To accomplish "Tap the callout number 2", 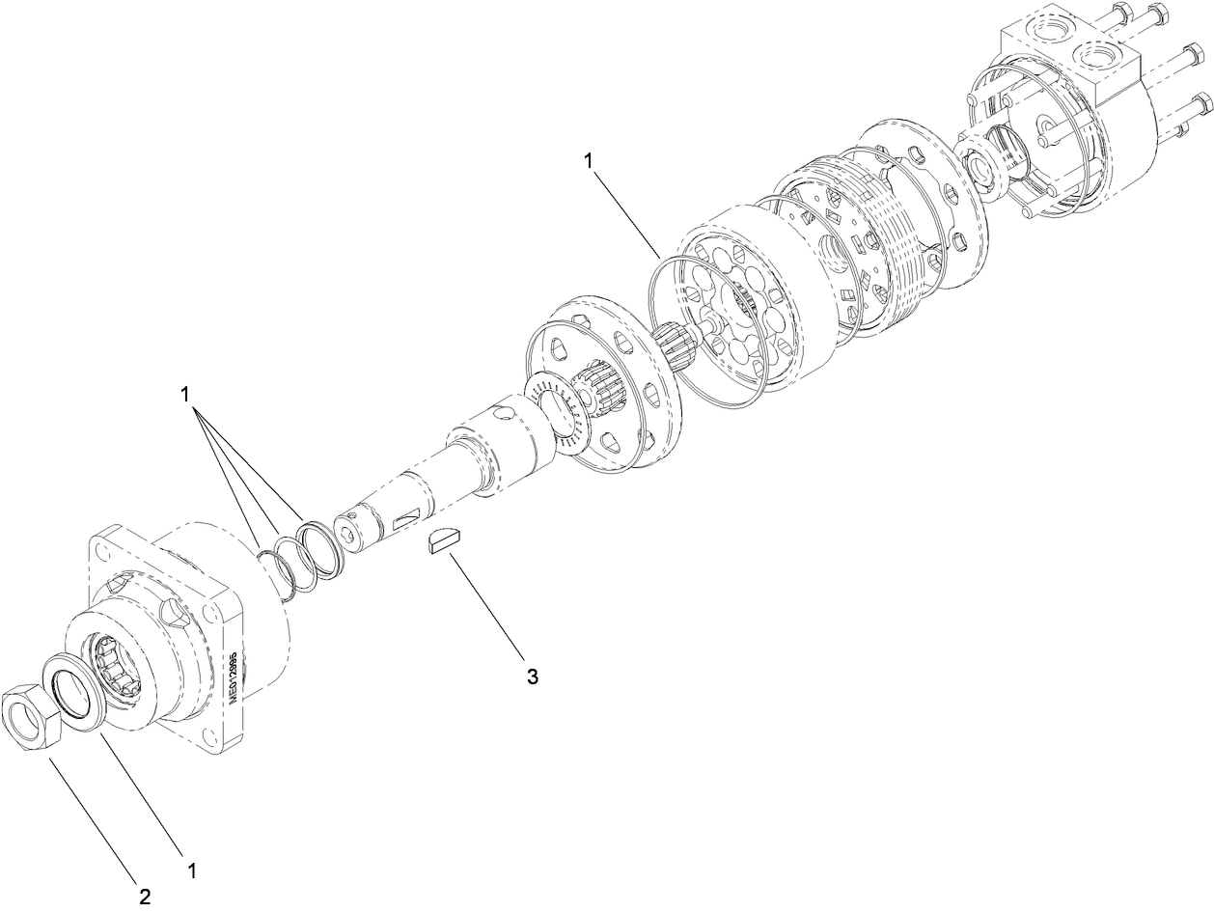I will click(145, 897).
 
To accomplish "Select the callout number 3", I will click(532, 677).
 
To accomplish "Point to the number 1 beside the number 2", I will click(191, 871).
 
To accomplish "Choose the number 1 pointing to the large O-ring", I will click(589, 161).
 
